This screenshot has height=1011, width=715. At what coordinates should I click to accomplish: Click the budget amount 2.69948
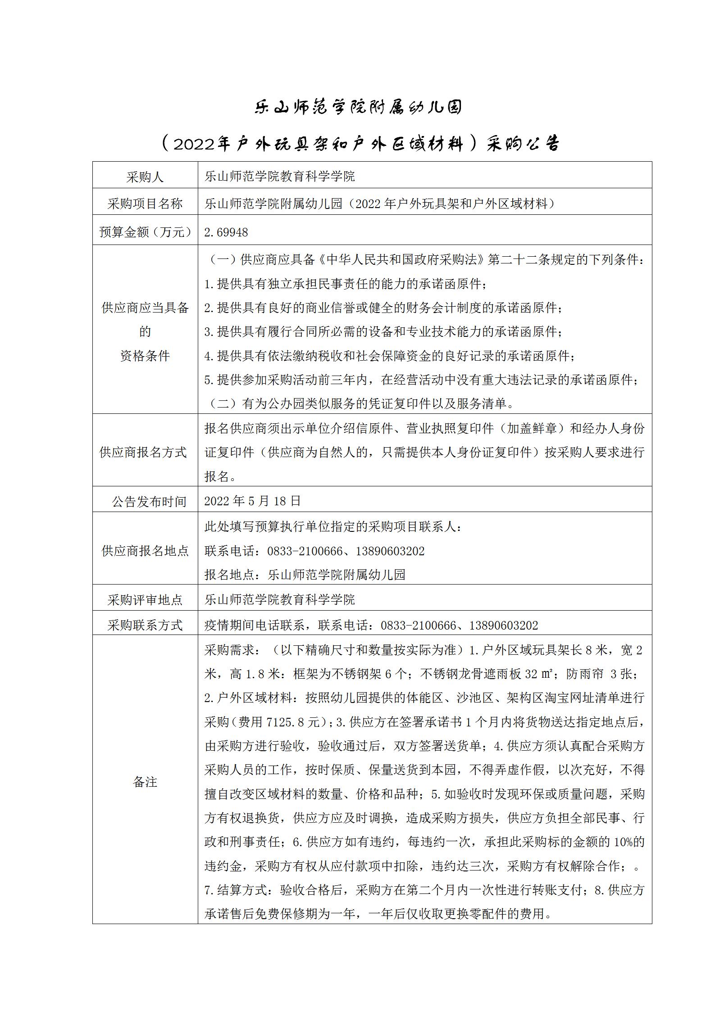226,232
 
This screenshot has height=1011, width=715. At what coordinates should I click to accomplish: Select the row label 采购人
145,177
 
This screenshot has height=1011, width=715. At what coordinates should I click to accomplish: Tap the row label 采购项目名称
145,204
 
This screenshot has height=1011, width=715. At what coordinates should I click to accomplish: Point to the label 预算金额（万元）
145,232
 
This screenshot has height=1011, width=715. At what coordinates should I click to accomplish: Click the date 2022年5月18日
252,501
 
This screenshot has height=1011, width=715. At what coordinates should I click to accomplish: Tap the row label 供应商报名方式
143,452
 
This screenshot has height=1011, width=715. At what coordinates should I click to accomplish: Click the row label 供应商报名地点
145,551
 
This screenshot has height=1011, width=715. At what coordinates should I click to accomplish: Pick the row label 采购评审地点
145,600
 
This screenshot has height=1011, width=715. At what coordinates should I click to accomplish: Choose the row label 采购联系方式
145,625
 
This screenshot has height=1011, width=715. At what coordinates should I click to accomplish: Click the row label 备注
145,782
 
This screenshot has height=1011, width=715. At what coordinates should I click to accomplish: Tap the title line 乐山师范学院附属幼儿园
358,108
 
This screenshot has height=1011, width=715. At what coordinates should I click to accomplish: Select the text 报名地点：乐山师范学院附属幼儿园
305,575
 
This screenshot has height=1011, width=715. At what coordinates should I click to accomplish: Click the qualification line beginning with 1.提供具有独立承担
346,284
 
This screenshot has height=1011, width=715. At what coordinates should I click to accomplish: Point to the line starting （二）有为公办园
360,404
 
